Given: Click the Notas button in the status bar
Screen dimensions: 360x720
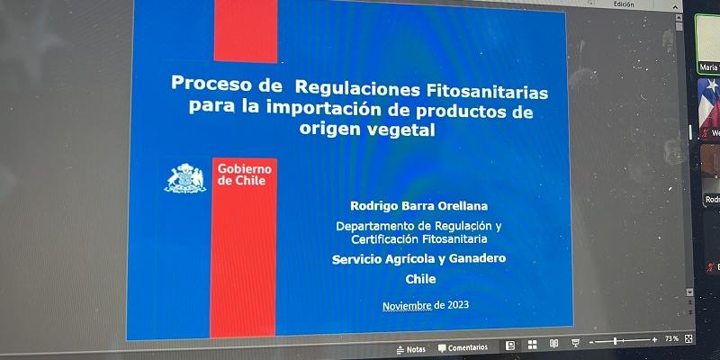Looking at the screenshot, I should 411,348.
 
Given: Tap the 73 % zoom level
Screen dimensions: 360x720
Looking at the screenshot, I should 671,339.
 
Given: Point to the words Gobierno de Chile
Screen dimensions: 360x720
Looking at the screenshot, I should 244,174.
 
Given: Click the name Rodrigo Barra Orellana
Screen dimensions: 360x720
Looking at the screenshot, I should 412,205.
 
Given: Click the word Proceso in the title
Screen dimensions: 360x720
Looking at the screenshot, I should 213,86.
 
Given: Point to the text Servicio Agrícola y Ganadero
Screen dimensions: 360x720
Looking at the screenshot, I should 418,259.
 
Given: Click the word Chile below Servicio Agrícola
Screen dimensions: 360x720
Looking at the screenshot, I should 420,279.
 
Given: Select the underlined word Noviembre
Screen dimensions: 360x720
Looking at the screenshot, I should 407,306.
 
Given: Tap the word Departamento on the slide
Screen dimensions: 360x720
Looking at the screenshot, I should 379,225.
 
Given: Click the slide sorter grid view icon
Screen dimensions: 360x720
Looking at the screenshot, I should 532,344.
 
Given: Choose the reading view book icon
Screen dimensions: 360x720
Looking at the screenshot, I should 553,343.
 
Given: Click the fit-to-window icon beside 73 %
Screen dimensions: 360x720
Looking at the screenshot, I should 689,338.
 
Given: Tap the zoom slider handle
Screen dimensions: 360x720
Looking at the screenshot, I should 615,341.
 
